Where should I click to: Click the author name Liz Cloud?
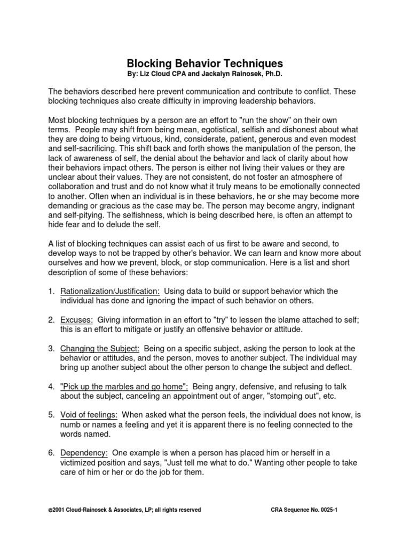click(162, 75)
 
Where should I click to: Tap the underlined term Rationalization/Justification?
click(110, 291)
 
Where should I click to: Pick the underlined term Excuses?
click(77, 319)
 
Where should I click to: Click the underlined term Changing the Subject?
click(100, 348)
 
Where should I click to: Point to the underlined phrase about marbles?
click(124, 386)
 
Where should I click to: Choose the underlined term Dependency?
click(84, 453)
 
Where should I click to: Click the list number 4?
click(51, 386)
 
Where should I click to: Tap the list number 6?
click(51, 453)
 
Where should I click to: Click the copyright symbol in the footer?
click(50, 510)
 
